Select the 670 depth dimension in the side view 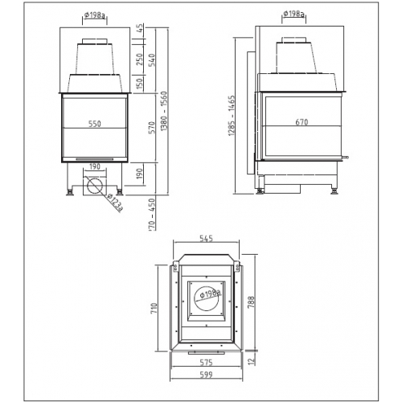(x=302, y=123)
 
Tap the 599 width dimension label (x=207, y=375)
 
